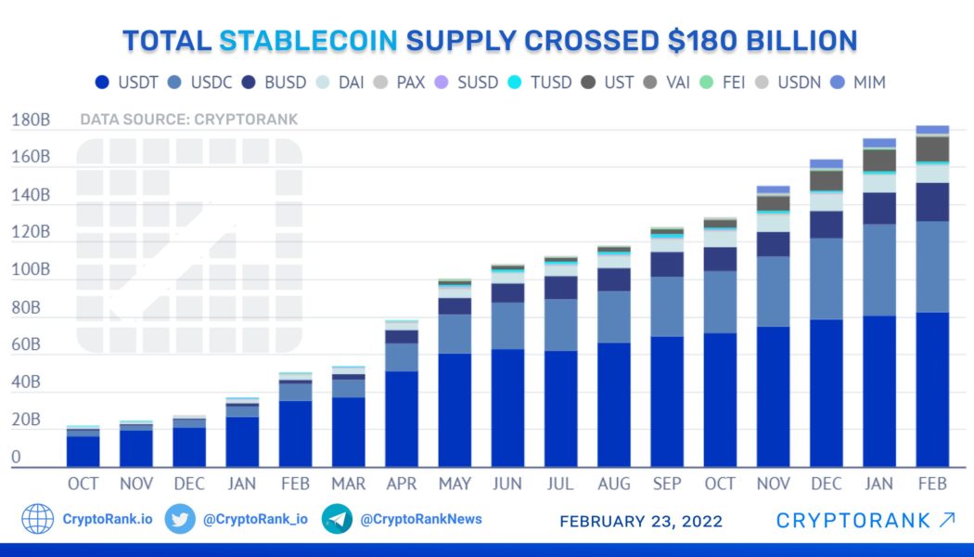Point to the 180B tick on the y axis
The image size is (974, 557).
pos(31,121)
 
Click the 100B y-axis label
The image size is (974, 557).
pos(31,270)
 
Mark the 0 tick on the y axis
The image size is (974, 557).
pos(17,458)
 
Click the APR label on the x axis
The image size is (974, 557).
pos(402,484)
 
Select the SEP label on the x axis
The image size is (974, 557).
pos(667,484)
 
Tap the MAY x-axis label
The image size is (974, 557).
pos(455,484)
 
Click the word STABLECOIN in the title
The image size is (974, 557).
pos(308,41)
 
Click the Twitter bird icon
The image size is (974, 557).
pos(180,519)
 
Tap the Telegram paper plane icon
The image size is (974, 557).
pos(337,519)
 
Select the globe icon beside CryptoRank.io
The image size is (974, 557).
pos(38,519)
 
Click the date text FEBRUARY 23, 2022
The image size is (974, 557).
pos(641,521)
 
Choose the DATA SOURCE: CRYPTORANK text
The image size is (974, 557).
pos(188,120)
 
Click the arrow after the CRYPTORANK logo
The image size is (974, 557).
pos(946,520)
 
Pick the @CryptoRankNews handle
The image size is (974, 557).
pos(421,519)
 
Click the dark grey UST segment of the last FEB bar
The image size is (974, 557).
pos(932,149)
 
